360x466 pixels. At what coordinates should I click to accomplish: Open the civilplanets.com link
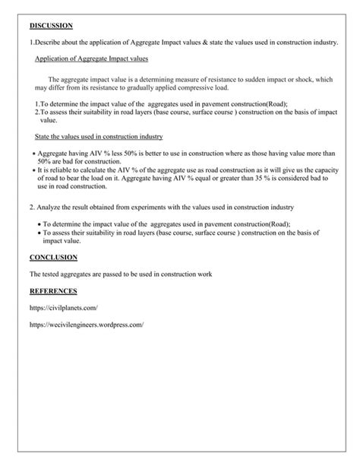pos(64,307)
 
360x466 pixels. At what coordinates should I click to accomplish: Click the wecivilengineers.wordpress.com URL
pos(87,325)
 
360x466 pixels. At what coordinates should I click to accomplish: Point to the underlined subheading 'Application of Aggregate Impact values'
pos(92,59)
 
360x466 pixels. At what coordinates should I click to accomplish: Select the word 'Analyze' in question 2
pos(50,207)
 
